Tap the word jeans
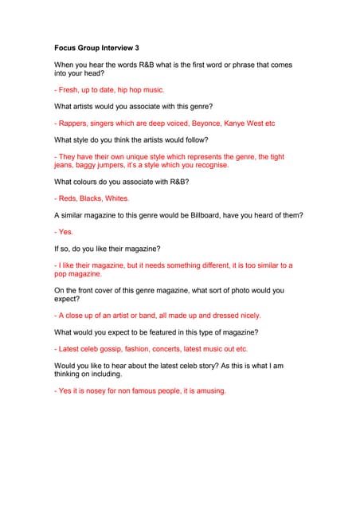click(x=65, y=166)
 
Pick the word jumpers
click(x=119, y=166)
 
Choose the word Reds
click(x=68, y=198)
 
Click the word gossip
click(x=111, y=349)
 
